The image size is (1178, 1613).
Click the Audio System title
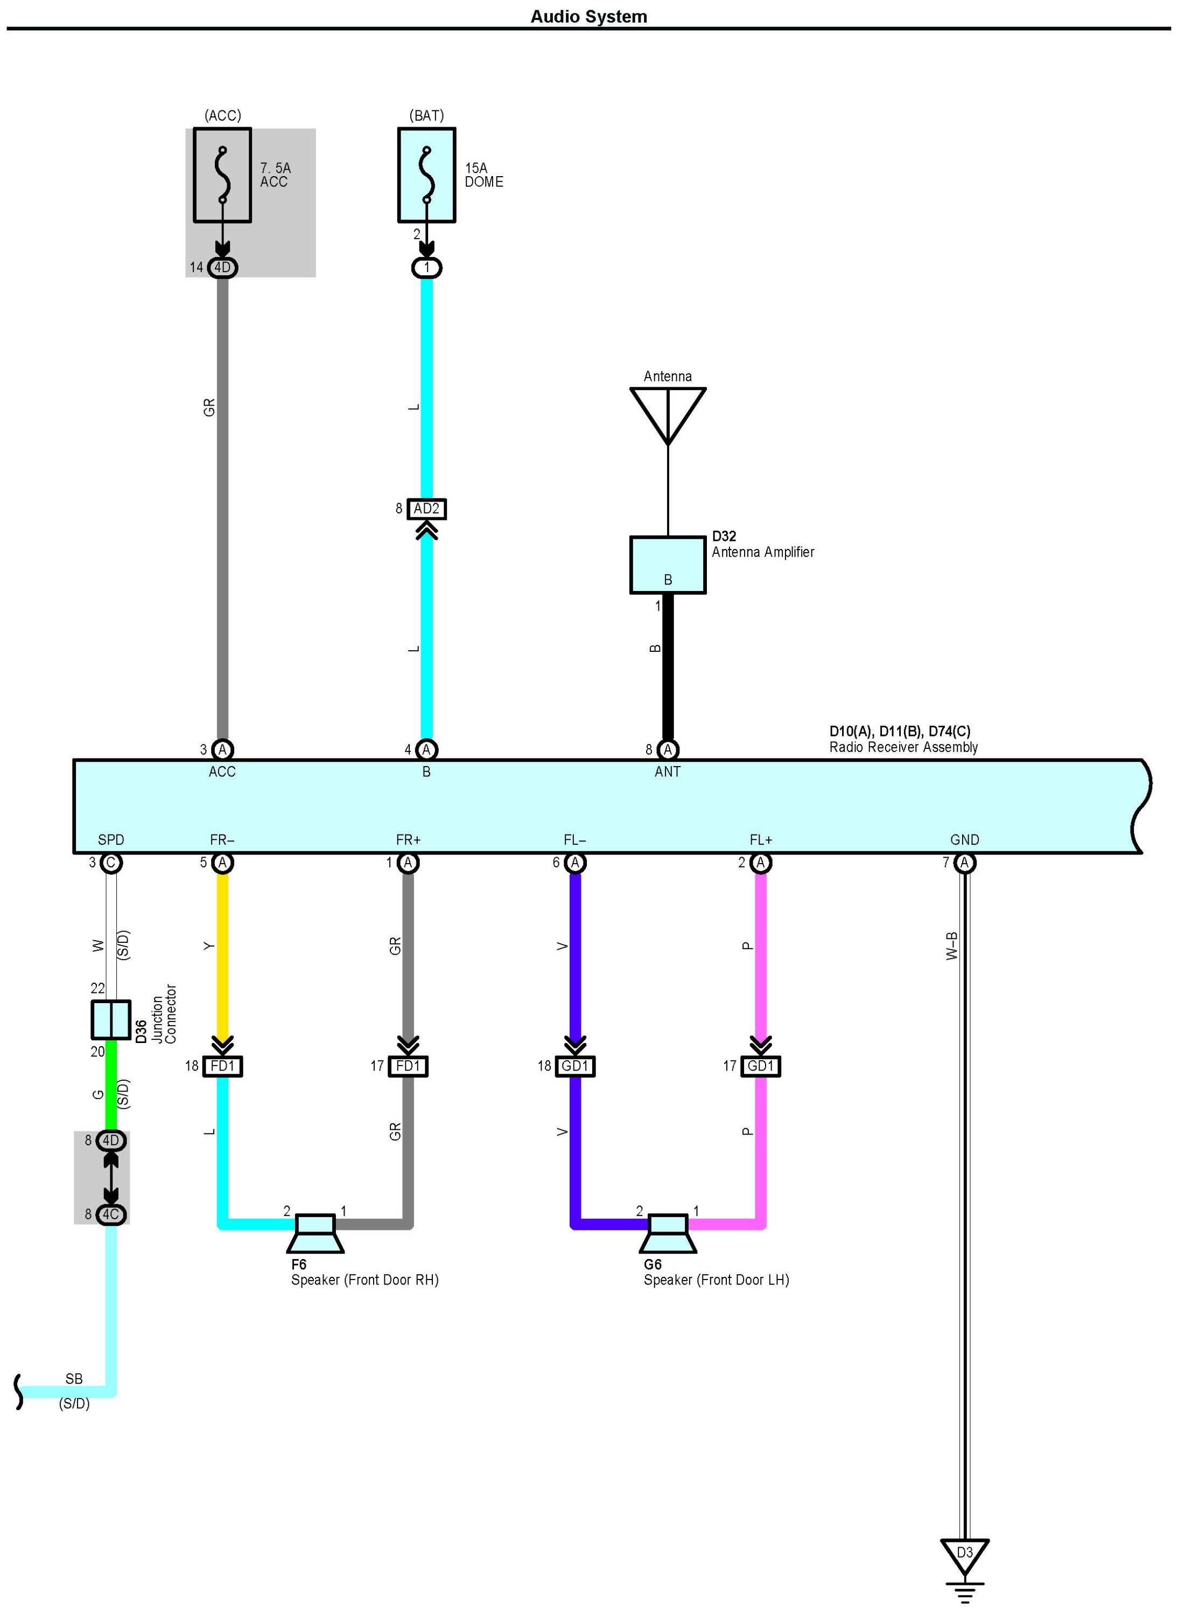(x=588, y=16)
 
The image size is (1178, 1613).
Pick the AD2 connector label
(x=426, y=509)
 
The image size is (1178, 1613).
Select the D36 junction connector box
(x=110, y=1019)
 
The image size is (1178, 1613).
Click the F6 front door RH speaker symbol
(x=315, y=1234)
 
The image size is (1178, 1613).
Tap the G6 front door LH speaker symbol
(x=668, y=1234)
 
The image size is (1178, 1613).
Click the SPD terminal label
(x=110, y=840)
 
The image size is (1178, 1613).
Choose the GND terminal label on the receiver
(x=964, y=840)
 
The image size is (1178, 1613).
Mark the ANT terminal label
(x=668, y=771)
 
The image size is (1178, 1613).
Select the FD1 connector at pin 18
(x=222, y=1066)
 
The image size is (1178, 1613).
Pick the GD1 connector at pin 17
(x=760, y=1066)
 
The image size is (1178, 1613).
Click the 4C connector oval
(x=110, y=1214)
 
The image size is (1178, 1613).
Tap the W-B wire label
(x=951, y=946)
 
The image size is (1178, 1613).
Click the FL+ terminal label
(x=760, y=840)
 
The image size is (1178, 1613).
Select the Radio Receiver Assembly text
(x=903, y=747)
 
